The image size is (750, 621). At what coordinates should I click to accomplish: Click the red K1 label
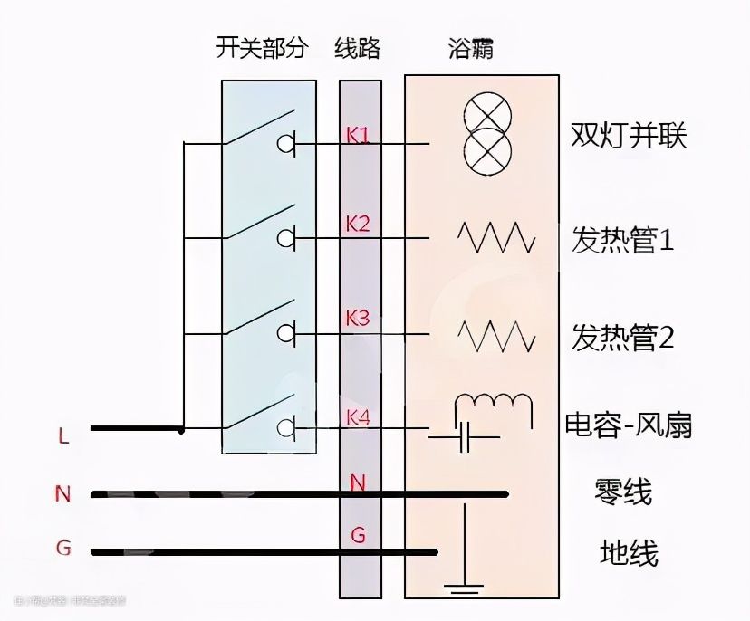point(358,135)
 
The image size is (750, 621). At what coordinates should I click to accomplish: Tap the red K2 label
point(358,224)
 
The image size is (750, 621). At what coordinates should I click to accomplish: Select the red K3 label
point(358,318)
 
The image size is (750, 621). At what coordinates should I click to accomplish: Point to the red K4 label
point(358,417)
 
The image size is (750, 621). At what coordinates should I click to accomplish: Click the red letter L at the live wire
point(62,436)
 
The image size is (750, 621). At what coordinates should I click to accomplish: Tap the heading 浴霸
point(471,47)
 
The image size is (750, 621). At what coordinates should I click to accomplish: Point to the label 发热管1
point(622,240)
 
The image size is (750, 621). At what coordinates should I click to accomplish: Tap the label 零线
point(625,492)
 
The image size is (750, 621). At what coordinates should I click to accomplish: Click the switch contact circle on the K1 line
point(288,143)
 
